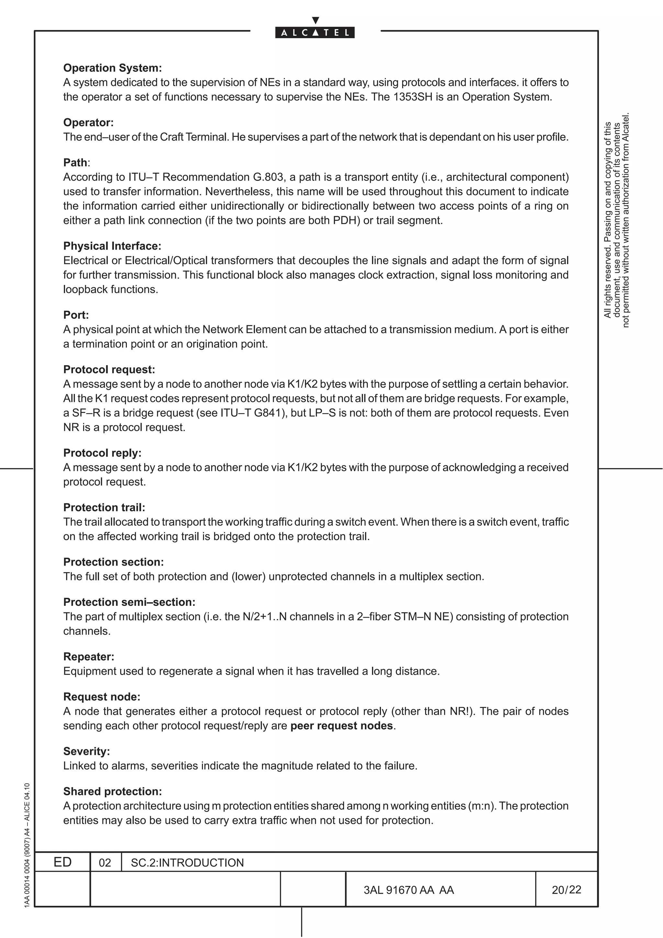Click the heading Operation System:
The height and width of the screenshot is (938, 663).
[112, 68]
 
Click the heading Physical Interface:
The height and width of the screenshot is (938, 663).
[112, 246]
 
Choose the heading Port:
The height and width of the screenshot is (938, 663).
[76, 315]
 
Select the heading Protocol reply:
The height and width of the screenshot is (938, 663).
[102, 453]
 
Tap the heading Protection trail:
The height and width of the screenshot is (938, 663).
[104, 508]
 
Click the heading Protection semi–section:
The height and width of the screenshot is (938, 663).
[129, 602]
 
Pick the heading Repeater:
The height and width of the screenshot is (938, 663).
[89, 656]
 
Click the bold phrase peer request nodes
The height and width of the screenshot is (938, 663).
[342, 726]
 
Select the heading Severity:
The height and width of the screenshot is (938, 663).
[87, 751]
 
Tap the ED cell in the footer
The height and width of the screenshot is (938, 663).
[62, 862]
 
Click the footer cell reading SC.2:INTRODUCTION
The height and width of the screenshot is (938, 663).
[187, 863]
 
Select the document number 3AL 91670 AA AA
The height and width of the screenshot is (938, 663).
[409, 890]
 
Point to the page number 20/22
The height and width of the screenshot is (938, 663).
[566, 890]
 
